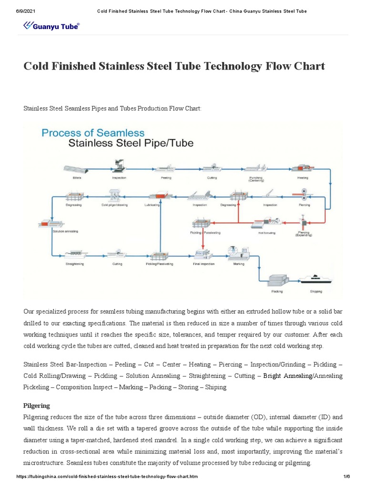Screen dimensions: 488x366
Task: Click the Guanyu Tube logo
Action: (51, 26)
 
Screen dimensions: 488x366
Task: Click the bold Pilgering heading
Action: (37, 406)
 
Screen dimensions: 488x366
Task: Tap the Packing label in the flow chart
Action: (277, 291)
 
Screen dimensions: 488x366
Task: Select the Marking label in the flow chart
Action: (238, 264)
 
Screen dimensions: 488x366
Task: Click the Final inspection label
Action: (203, 264)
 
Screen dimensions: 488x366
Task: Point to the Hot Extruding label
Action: (267, 233)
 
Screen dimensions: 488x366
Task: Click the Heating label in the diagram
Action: (303, 178)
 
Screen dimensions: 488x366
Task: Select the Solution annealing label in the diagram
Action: (65, 232)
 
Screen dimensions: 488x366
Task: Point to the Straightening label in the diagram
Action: (75, 264)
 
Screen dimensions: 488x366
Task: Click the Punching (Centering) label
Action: (256, 179)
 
